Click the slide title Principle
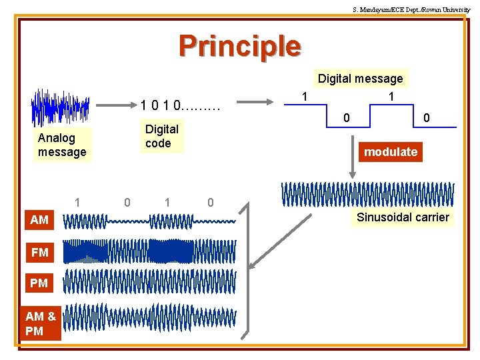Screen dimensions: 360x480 240,46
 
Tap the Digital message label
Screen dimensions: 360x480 360,79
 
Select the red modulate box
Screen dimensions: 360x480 391,152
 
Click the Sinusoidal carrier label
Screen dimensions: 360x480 403,217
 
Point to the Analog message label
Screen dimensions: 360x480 62,145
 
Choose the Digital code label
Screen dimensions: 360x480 161,136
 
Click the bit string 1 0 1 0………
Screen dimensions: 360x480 180,105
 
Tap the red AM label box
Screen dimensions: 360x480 39,219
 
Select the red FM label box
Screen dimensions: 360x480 39,252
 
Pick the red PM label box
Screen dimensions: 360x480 39,283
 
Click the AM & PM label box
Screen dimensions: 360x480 40,323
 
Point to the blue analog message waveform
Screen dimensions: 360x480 60,107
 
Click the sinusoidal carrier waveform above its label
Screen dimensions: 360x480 368,194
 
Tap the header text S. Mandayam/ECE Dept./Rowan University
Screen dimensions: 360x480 411,9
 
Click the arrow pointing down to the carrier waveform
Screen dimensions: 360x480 353,160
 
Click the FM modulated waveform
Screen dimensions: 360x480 150,251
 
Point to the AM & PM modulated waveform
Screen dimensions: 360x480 150,317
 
